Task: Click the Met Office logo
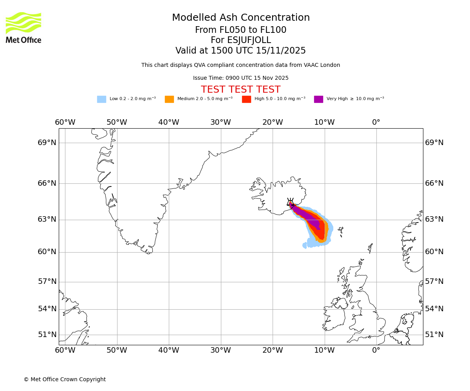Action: [x=23, y=27]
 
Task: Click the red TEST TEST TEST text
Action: [x=240, y=90]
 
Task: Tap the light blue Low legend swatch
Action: [x=101, y=99]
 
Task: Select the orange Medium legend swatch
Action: [x=169, y=99]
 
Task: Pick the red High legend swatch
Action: [x=246, y=99]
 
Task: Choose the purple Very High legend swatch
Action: [x=318, y=99]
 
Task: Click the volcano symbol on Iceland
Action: [x=290, y=202]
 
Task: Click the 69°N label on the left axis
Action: [x=47, y=143]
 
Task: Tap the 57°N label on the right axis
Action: [x=434, y=282]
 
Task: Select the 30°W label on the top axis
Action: [x=221, y=122]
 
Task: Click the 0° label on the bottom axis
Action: [x=376, y=350]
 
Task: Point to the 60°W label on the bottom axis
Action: [x=65, y=350]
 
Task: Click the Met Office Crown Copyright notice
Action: [x=65, y=379]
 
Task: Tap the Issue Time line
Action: [x=240, y=78]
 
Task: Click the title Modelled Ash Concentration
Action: [x=240, y=18]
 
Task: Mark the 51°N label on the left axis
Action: [x=47, y=335]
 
